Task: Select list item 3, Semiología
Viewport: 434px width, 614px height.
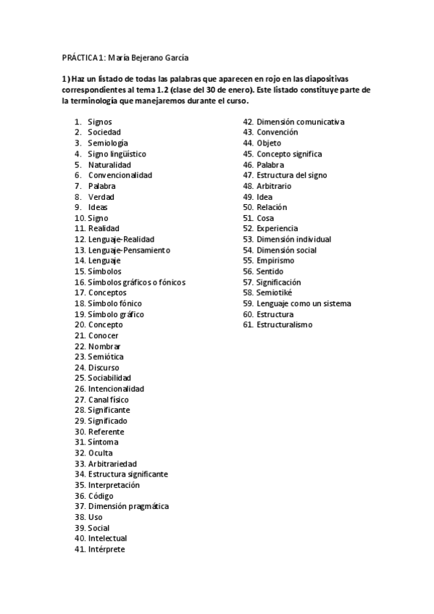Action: coord(108,143)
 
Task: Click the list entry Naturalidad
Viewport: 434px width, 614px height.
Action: coord(109,164)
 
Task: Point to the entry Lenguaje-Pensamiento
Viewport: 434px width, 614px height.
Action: coord(129,250)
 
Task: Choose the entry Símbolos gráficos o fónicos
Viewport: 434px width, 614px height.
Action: coord(136,282)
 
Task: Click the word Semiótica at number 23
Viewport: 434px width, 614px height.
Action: coord(106,357)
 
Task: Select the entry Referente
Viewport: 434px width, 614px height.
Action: coord(107,432)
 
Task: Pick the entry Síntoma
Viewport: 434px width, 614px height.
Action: coord(103,442)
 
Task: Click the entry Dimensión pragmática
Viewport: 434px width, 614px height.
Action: coord(128,506)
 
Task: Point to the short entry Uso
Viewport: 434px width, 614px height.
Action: coord(95,517)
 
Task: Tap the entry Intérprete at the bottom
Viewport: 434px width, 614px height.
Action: coord(107,550)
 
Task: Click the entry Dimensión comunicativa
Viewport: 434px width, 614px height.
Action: coord(301,122)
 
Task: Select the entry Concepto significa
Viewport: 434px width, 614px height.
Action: coord(289,154)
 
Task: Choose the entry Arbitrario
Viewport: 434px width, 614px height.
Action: coord(275,186)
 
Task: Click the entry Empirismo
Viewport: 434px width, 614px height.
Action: coord(275,261)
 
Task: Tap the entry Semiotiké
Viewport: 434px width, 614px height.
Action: coord(275,293)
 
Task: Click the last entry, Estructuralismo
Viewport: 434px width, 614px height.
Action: coord(285,324)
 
